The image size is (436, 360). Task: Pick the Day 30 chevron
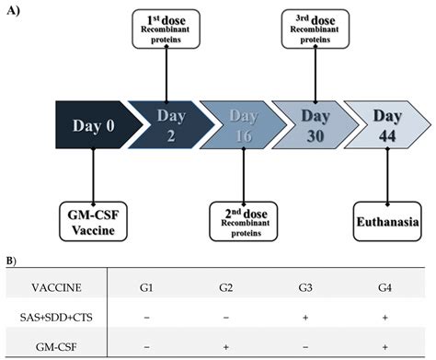pyautogui.click(x=316, y=123)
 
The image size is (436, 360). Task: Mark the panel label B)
pyautogui.click(x=11, y=261)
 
